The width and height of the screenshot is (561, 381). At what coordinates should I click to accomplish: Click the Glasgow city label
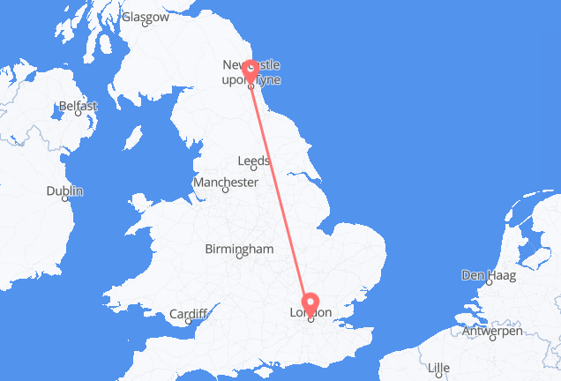coord(146,17)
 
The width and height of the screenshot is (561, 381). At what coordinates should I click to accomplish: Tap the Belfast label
coord(78,106)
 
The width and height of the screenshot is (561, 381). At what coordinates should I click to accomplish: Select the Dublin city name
coord(65,190)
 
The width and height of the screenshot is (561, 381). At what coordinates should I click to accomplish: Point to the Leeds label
coord(253,161)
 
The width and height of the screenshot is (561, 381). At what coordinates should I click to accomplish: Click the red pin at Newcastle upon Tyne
coord(251,70)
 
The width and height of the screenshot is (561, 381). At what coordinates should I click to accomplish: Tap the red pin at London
coord(310,304)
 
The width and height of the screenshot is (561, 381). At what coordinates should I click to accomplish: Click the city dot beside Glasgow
coord(145,24)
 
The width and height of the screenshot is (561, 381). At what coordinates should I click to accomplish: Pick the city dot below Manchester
coord(226,190)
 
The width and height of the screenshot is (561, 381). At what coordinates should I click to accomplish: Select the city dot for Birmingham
coord(239,257)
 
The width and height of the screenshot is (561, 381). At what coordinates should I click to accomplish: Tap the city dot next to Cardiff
coord(189,321)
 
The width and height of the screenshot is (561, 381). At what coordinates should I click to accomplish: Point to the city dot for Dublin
coord(67,199)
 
